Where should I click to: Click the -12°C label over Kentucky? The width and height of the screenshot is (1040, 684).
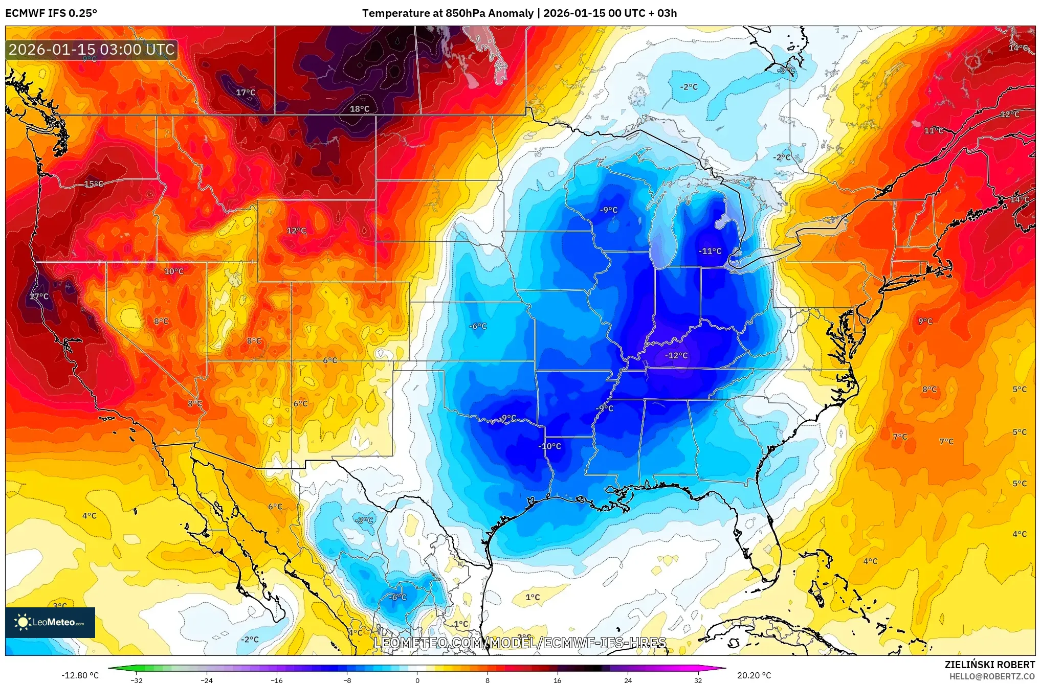pyautogui.click(x=676, y=355)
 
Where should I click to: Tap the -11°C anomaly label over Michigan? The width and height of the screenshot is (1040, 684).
pyautogui.click(x=710, y=251)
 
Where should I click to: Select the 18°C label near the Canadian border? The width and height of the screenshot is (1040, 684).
pyautogui.click(x=360, y=108)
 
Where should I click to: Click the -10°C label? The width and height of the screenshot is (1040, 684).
pyautogui.click(x=549, y=446)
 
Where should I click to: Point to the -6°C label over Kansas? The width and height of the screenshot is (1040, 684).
pyautogui.click(x=478, y=326)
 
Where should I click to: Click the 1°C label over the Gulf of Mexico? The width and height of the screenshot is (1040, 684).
pyautogui.click(x=533, y=597)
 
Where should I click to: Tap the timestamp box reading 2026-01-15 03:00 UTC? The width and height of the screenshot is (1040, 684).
pyautogui.click(x=92, y=50)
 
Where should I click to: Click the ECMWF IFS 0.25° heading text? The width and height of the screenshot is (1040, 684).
pyautogui.click(x=51, y=13)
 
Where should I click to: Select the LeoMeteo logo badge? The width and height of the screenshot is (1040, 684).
pyautogui.click(x=50, y=622)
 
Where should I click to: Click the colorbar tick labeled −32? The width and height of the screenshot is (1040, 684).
pyautogui.click(x=137, y=680)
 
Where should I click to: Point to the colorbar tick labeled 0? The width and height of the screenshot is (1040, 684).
pyautogui.click(x=417, y=680)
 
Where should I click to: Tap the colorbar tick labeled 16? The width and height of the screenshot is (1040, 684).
pyautogui.click(x=558, y=680)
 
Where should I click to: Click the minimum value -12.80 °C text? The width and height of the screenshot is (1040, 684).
pyautogui.click(x=80, y=675)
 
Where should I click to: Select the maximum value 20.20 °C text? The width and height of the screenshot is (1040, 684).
pyautogui.click(x=754, y=675)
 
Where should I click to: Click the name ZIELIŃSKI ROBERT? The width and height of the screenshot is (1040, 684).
pyautogui.click(x=989, y=665)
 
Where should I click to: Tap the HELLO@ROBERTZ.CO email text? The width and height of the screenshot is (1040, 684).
pyautogui.click(x=992, y=676)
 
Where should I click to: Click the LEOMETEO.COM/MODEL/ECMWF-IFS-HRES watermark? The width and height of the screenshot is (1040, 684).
pyautogui.click(x=520, y=643)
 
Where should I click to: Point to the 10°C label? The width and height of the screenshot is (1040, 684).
pyautogui.click(x=174, y=271)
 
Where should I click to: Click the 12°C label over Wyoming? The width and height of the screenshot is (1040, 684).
pyautogui.click(x=296, y=231)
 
